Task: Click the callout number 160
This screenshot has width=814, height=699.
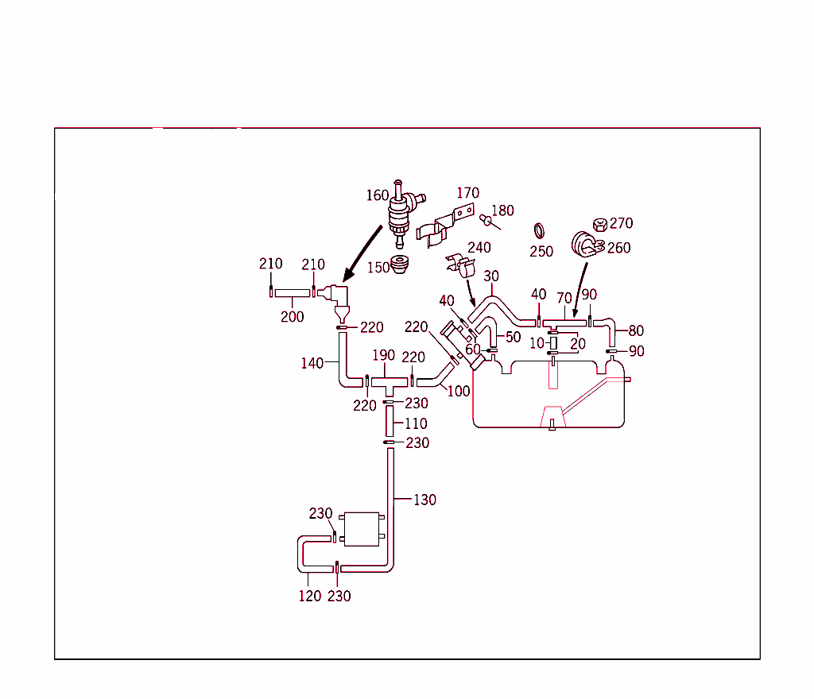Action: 377,195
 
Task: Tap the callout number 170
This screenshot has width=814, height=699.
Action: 467,192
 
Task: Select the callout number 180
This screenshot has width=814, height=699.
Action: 502,210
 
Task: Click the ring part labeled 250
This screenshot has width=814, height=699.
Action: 539,231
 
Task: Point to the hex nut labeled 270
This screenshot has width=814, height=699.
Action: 600,226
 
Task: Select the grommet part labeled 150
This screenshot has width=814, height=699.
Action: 403,264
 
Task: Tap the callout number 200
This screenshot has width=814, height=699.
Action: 292,316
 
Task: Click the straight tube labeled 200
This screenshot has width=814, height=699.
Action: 293,293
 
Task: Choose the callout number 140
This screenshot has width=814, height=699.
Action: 312,363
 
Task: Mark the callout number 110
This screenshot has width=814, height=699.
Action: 416,423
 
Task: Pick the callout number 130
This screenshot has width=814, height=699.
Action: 424,500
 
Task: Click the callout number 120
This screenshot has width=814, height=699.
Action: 310,596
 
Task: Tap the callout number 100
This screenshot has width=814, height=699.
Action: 459,391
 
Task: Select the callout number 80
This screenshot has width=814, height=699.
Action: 636,330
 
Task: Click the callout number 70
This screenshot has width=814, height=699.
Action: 564,298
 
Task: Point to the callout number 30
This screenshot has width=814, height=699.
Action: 491,276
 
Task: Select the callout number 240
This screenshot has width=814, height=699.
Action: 479,247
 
